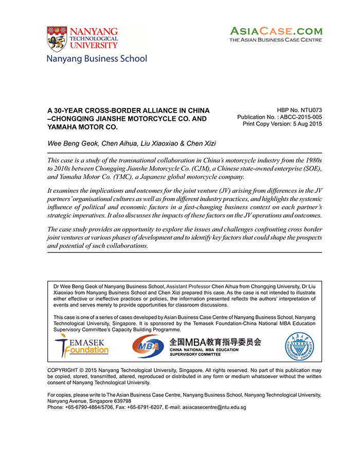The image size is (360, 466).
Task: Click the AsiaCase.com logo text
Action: (276, 31)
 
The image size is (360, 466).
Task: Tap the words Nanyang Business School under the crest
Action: (97, 59)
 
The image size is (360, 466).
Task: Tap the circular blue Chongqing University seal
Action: (299, 346)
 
